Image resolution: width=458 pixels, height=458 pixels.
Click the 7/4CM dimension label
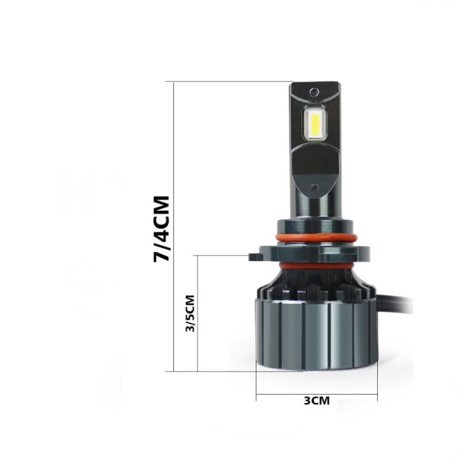click(x=161, y=229)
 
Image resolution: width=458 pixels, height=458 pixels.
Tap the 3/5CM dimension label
click(x=190, y=314)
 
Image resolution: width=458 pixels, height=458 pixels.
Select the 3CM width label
click(x=317, y=401)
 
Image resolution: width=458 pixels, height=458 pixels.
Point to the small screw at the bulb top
click(x=314, y=92)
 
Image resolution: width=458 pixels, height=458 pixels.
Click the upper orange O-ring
click(x=316, y=237)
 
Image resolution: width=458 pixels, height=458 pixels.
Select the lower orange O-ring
click(x=316, y=266)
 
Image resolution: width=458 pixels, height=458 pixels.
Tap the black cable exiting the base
click(x=395, y=304)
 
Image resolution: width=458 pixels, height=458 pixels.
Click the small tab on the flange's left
click(x=255, y=257)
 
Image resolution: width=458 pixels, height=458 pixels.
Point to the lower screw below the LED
click(x=314, y=187)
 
